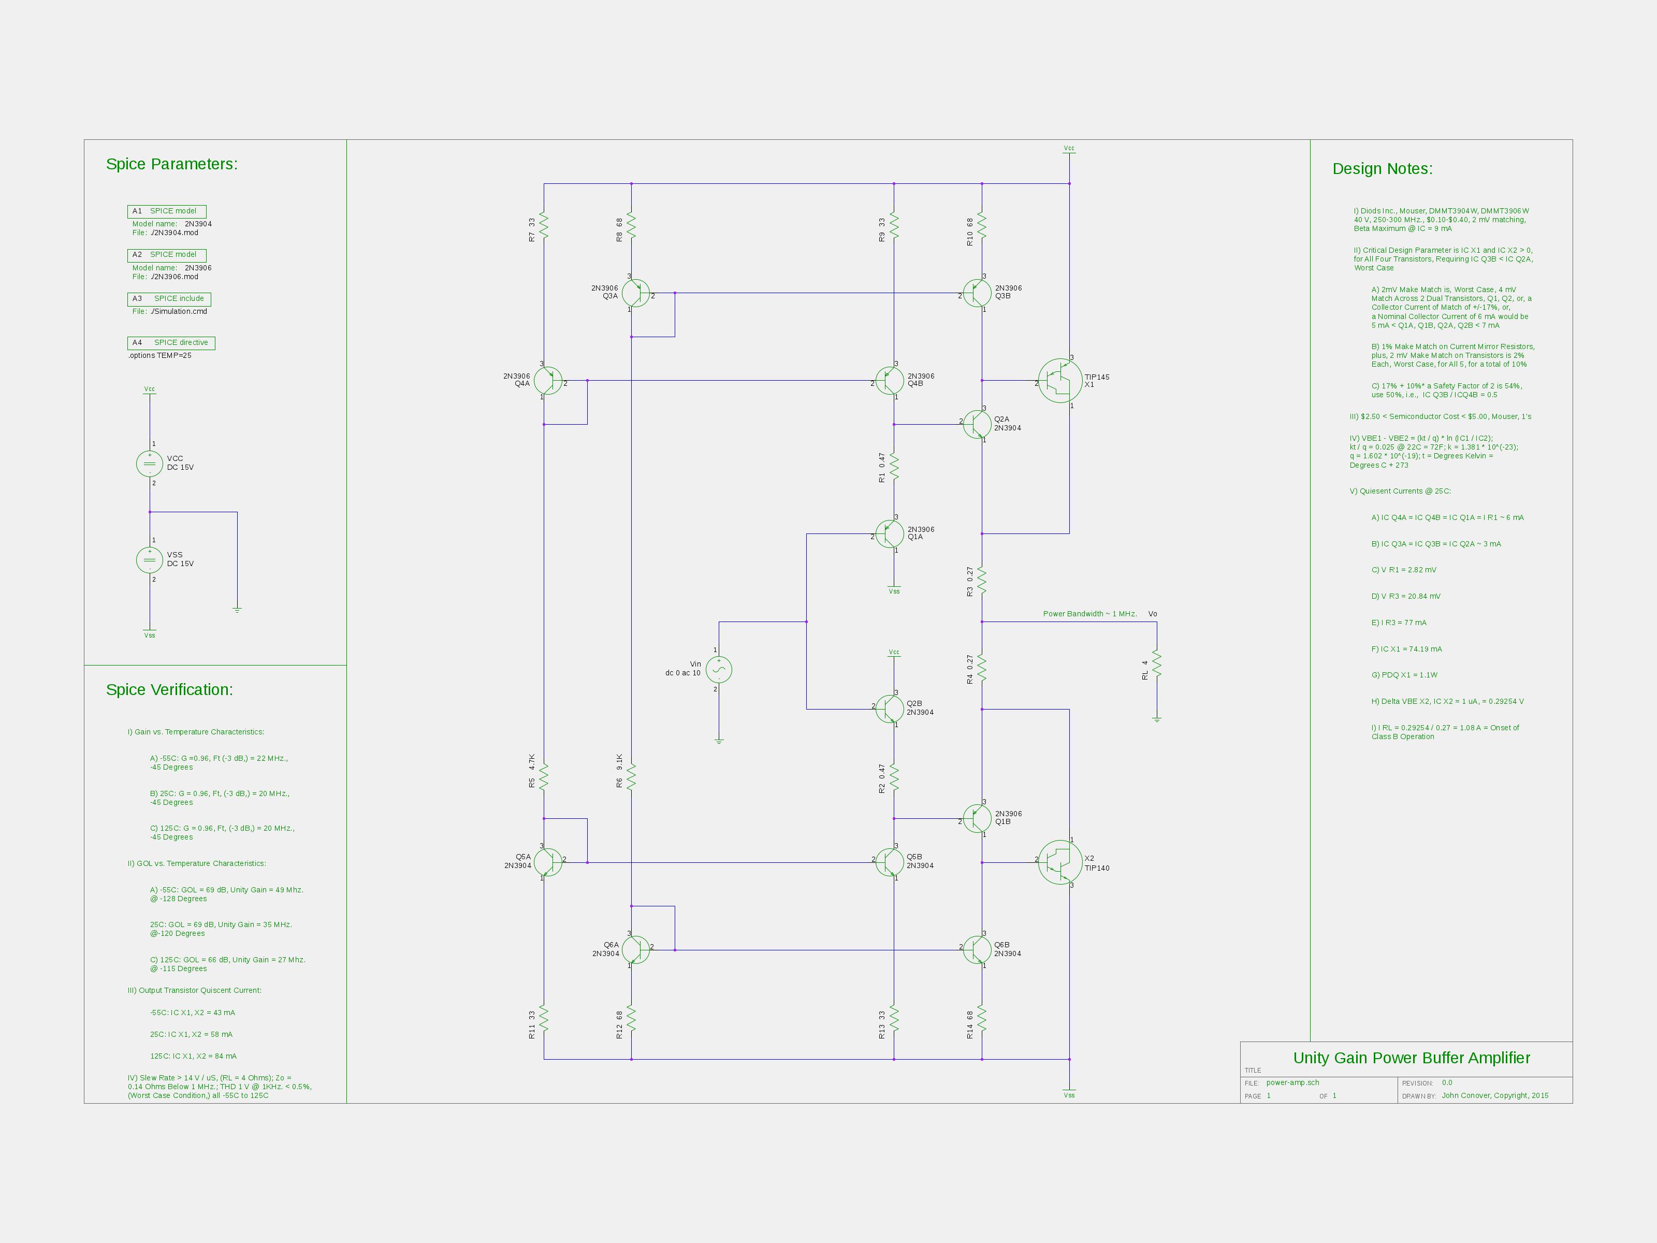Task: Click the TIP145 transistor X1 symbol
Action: (1060, 381)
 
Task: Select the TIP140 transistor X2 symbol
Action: (1060, 862)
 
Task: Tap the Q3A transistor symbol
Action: (636, 293)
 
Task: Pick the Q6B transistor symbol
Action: (977, 950)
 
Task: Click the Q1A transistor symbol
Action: (889, 534)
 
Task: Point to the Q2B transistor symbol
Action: (889, 709)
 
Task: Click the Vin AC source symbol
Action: (719, 669)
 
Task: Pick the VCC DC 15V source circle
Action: (150, 464)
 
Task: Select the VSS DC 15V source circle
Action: (150, 560)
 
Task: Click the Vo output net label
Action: (1153, 614)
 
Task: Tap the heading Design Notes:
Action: (1382, 168)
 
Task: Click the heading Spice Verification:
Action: (169, 690)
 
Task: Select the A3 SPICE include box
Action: (169, 299)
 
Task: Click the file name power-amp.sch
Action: (1293, 1082)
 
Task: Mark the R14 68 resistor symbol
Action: (982, 1019)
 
